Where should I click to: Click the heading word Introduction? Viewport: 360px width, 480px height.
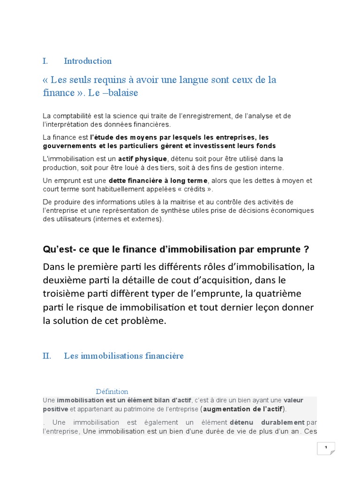point(88,61)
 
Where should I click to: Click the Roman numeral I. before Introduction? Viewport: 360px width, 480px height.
point(45,61)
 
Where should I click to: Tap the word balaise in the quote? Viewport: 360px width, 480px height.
point(123,93)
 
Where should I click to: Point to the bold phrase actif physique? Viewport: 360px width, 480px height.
point(142,159)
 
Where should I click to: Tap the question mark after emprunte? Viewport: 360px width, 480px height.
point(307,248)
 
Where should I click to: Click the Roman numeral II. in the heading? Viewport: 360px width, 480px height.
point(46,356)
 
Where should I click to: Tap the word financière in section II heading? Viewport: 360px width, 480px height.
point(161,356)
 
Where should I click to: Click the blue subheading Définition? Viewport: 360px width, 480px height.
point(112,391)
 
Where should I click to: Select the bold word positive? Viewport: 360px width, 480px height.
point(55,409)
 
